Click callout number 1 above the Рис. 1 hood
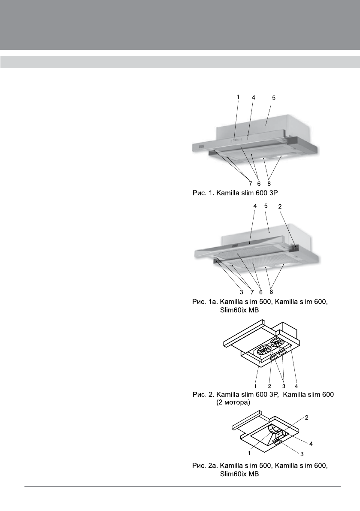coord(238,97)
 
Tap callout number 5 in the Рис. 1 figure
coord(274,98)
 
